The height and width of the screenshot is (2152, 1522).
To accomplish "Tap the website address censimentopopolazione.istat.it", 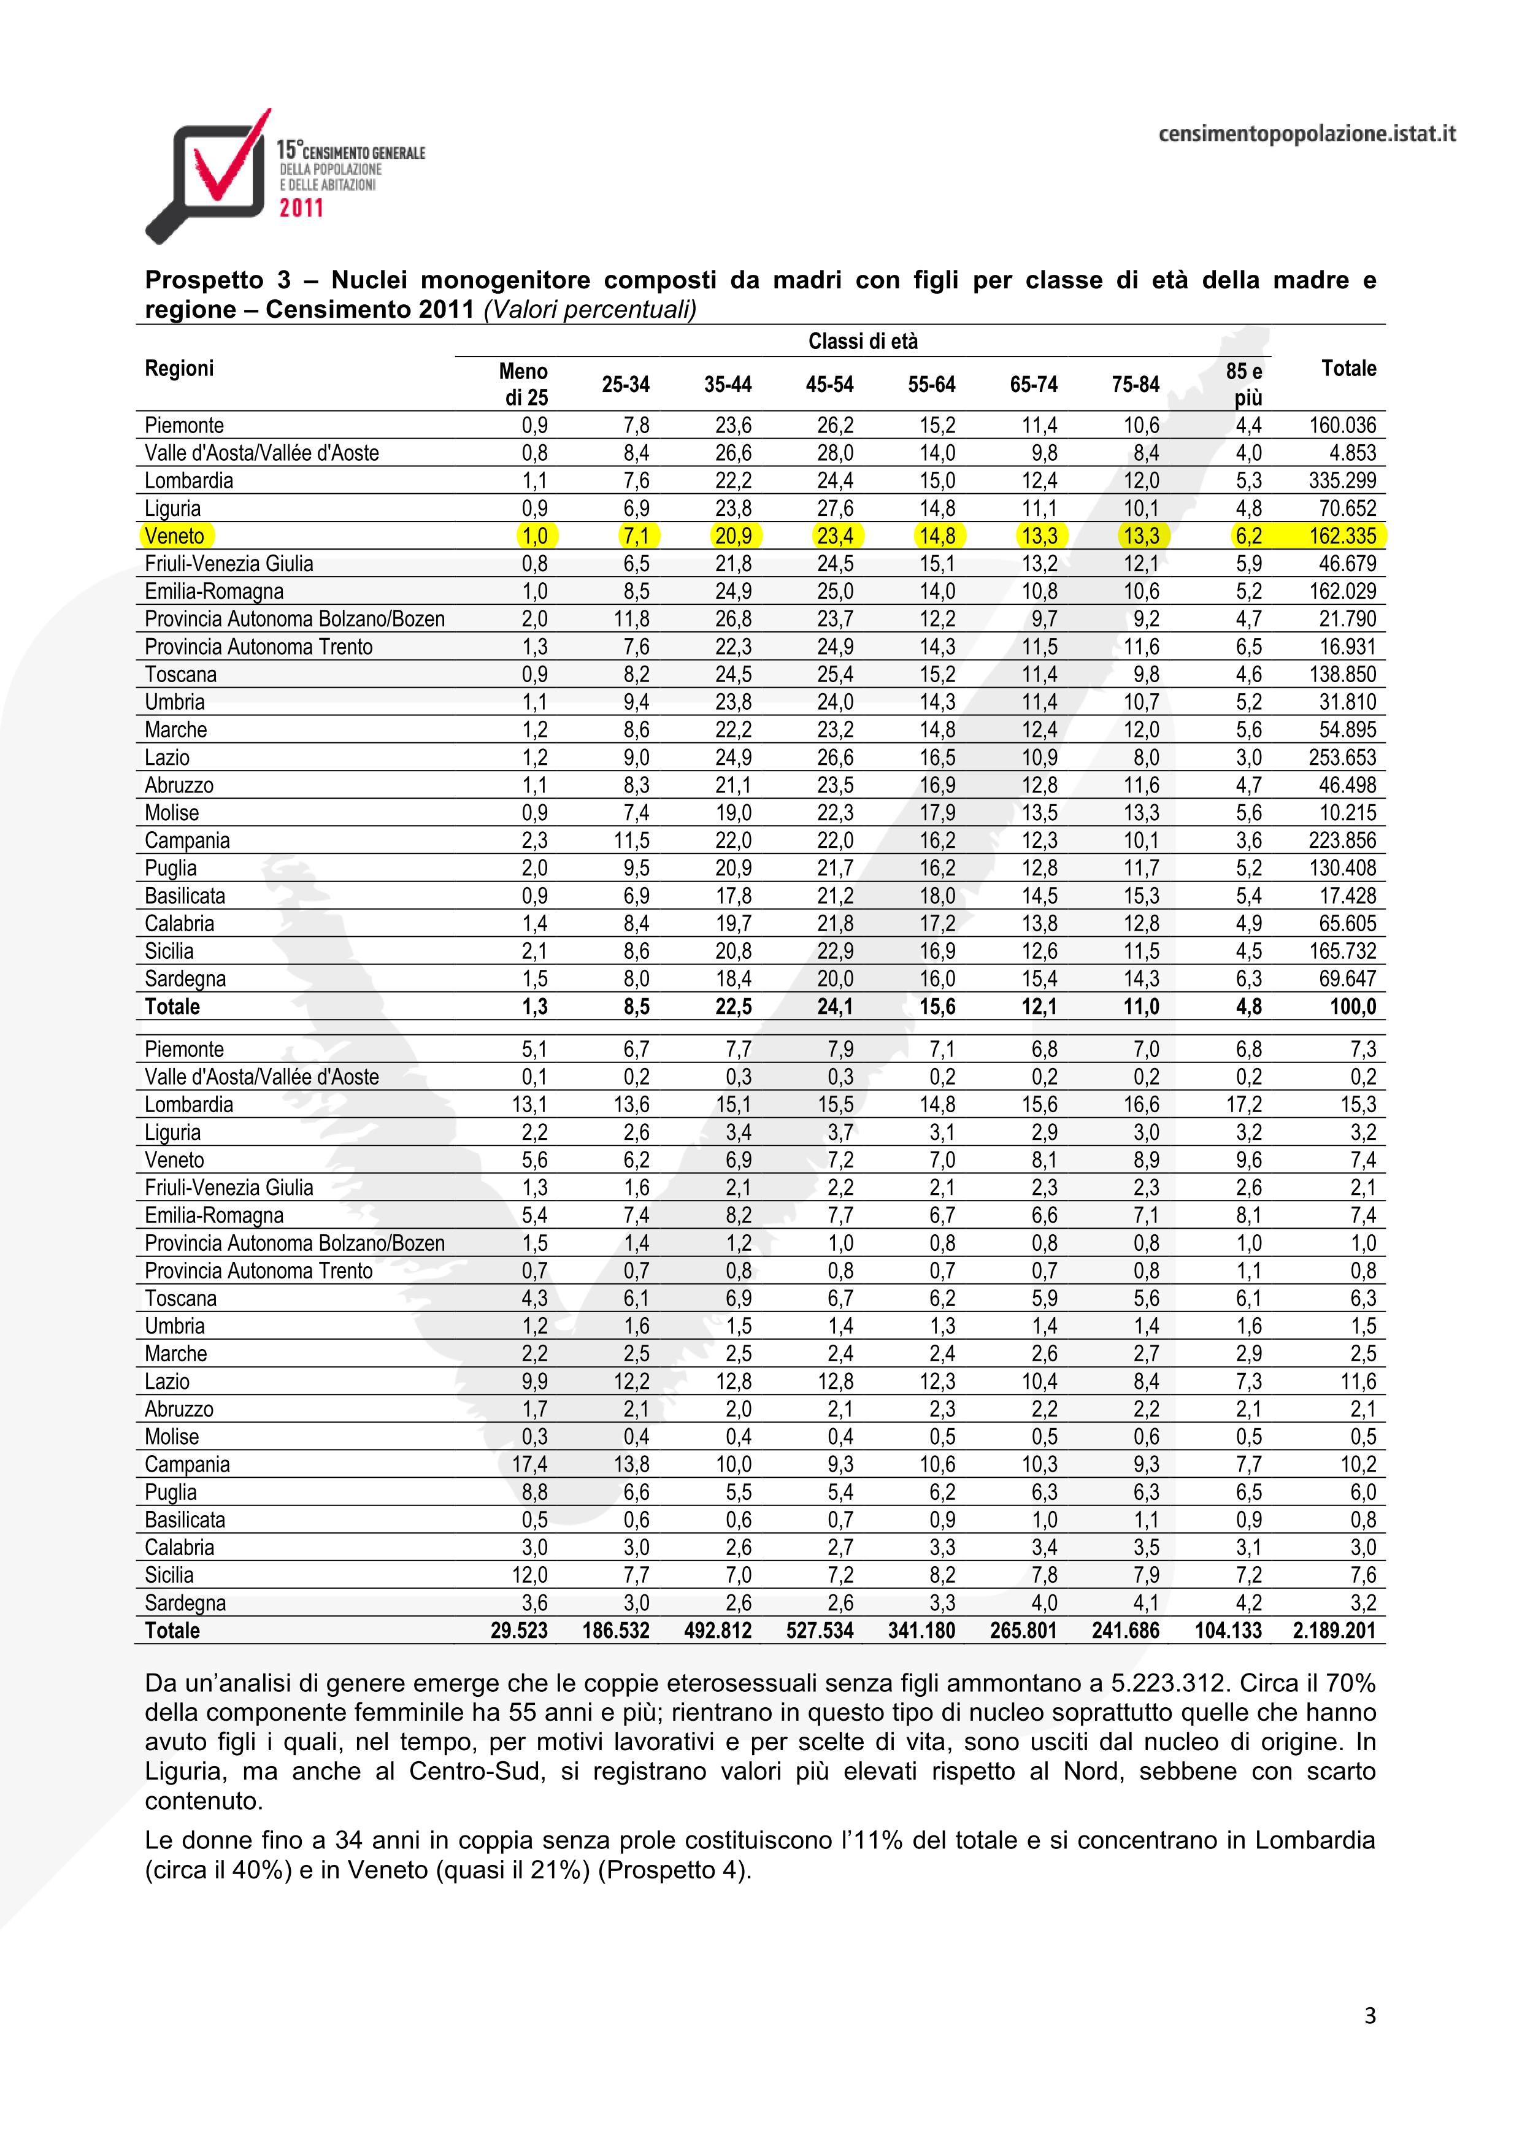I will [x=1307, y=134].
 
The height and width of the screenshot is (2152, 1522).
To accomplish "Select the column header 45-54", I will [x=829, y=384].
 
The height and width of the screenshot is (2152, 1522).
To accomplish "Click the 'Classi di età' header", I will [x=862, y=342].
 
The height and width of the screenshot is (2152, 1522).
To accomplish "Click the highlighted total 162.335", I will [x=1342, y=536].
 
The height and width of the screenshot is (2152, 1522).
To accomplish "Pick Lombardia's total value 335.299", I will [x=1342, y=481].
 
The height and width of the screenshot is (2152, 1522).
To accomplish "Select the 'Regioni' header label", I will [x=179, y=368].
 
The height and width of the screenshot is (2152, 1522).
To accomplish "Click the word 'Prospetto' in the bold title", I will [x=201, y=279].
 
